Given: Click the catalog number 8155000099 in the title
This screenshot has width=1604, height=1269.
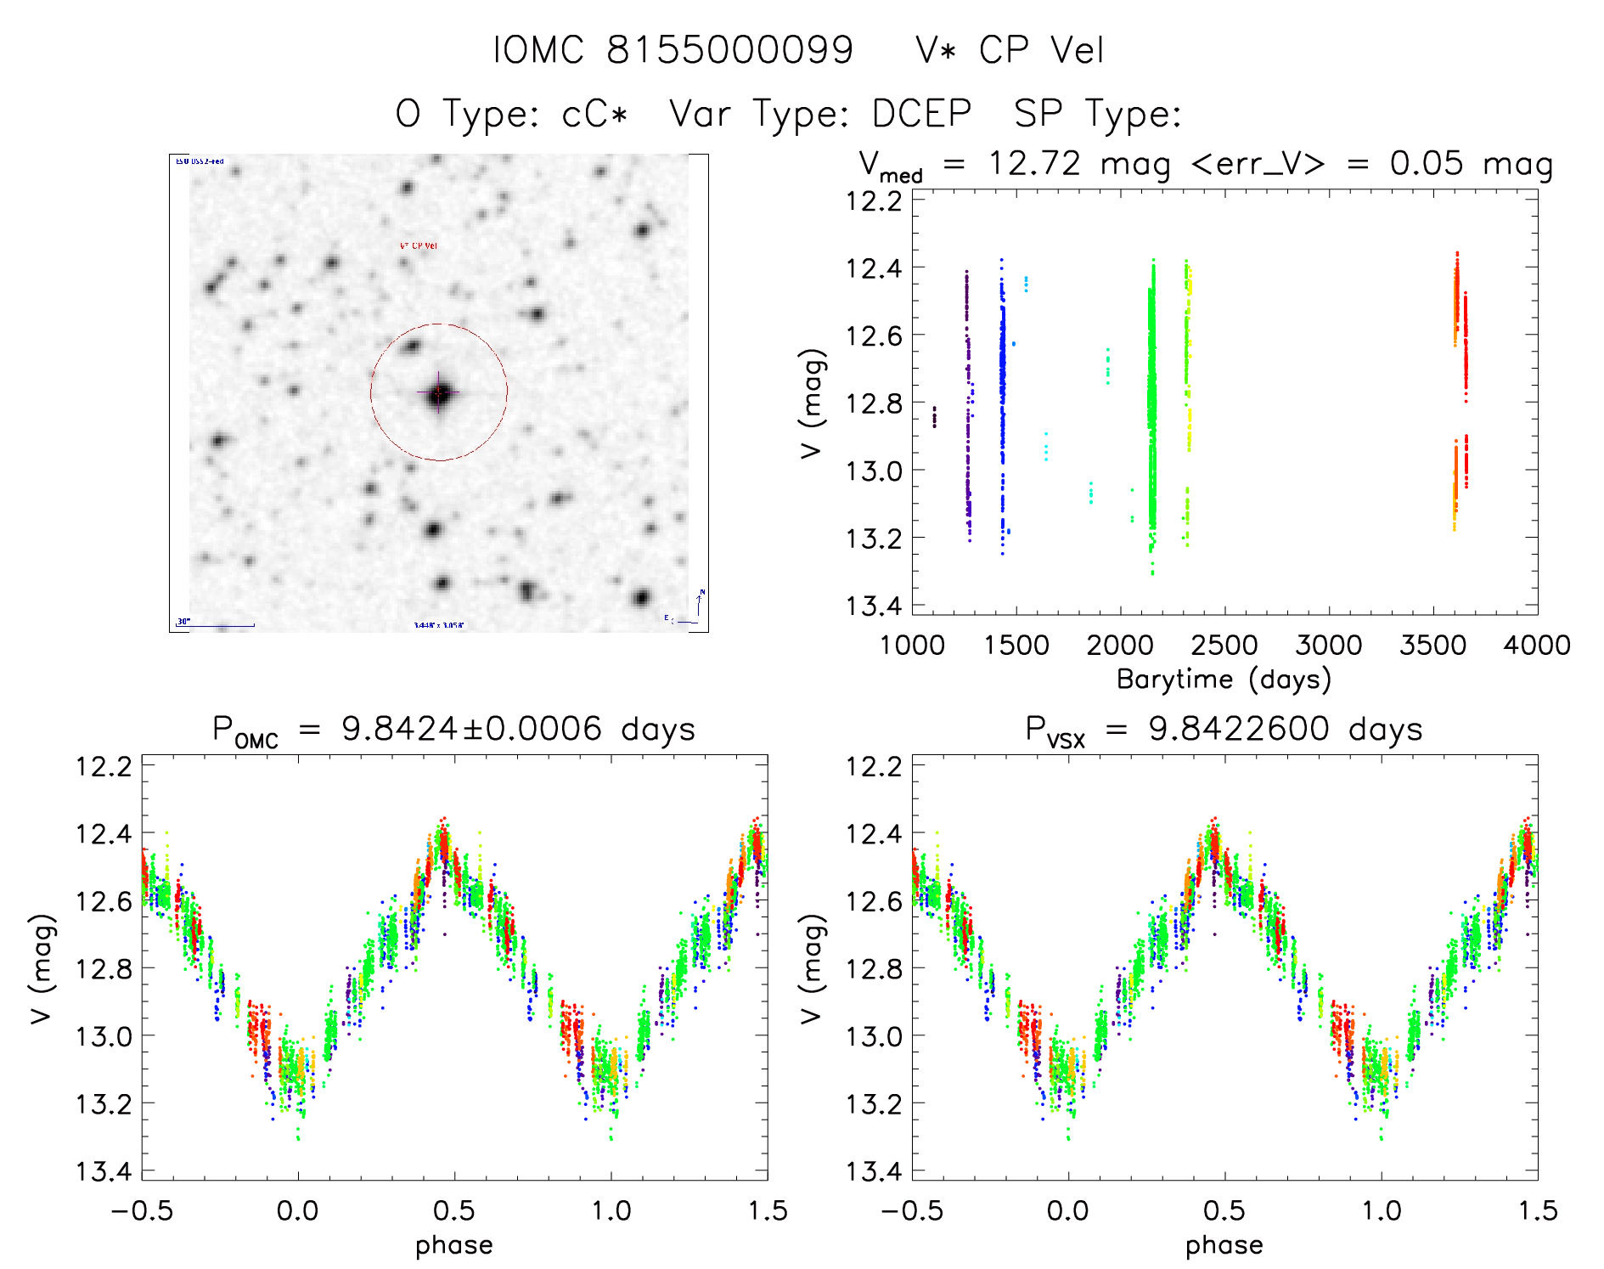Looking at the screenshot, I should click(729, 50).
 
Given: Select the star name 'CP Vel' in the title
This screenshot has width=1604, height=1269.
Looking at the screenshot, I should click(1041, 50).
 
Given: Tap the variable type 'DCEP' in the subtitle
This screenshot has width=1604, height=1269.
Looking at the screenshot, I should click(921, 114).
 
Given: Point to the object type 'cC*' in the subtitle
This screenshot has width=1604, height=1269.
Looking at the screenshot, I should click(594, 114).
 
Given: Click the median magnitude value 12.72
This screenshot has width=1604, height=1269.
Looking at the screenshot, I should click(1034, 163).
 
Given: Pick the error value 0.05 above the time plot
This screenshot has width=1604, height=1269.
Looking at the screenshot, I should click(1427, 163).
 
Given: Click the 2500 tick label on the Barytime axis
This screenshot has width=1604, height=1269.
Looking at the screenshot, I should click(1224, 646).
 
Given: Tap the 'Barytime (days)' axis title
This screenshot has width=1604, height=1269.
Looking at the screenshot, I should click(1224, 679).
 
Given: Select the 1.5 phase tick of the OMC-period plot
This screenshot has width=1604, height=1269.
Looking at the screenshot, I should click(768, 1210).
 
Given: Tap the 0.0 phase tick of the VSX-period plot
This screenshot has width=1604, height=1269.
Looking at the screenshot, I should click(1068, 1210).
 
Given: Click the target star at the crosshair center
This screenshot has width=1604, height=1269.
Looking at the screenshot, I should click(439, 393).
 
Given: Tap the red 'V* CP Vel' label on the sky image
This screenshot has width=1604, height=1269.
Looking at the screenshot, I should click(419, 246).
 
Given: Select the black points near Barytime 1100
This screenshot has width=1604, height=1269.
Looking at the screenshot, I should click(935, 416).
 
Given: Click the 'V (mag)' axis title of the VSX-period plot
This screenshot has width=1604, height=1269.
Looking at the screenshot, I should click(812, 968).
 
